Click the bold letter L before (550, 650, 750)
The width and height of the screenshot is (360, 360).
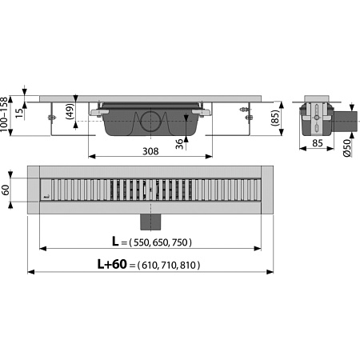click(117, 242)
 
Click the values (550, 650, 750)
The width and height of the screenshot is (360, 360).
click(162, 242)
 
